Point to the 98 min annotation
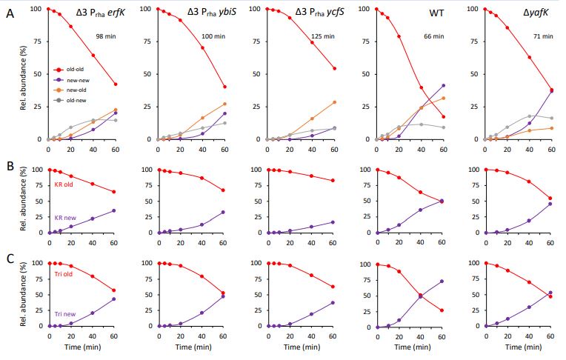(105, 35)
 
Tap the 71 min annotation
(543, 35)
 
